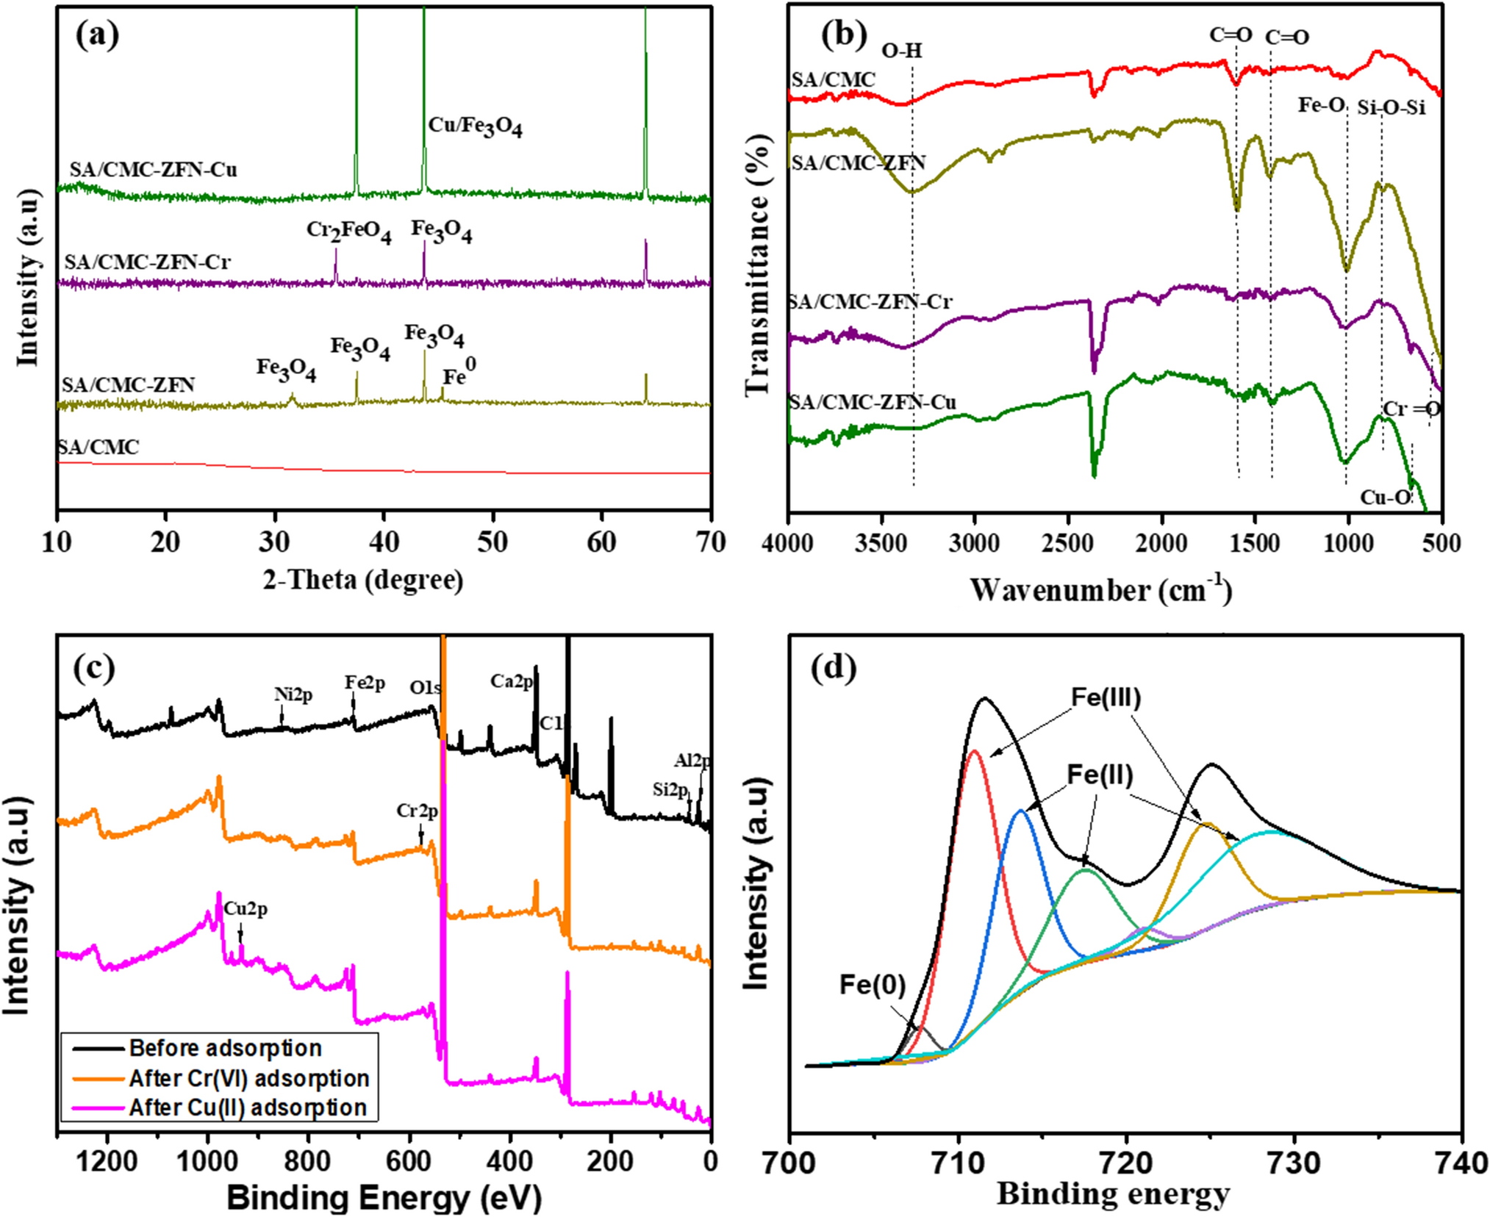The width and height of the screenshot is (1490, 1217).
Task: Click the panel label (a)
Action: [x=97, y=35]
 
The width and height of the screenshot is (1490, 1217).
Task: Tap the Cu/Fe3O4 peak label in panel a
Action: [x=475, y=126]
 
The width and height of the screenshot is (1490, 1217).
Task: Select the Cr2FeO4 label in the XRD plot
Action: [x=348, y=231]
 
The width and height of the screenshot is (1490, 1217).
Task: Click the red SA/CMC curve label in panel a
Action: [x=99, y=447]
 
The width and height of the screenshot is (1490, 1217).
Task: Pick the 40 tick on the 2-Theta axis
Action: [x=383, y=542]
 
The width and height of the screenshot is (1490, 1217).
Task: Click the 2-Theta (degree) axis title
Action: [x=363, y=581]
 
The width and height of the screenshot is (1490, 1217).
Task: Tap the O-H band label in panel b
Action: [x=901, y=50]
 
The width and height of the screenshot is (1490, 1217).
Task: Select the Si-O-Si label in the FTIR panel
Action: [x=1391, y=108]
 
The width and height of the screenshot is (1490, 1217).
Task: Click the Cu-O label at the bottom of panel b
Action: [x=1386, y=498]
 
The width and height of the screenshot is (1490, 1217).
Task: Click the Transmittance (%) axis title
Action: [x=757, y=265]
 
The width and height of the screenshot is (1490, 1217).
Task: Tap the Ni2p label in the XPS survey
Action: [x=293, y=694]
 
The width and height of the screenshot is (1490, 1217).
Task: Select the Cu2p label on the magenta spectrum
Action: [x=246, y=909]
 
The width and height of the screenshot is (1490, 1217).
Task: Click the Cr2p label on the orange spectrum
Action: [x=417, y=811]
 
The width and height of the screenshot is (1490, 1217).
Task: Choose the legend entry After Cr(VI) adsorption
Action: [x=248, y=1078]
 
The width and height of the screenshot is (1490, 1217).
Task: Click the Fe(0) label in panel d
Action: [x=873, y=985]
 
